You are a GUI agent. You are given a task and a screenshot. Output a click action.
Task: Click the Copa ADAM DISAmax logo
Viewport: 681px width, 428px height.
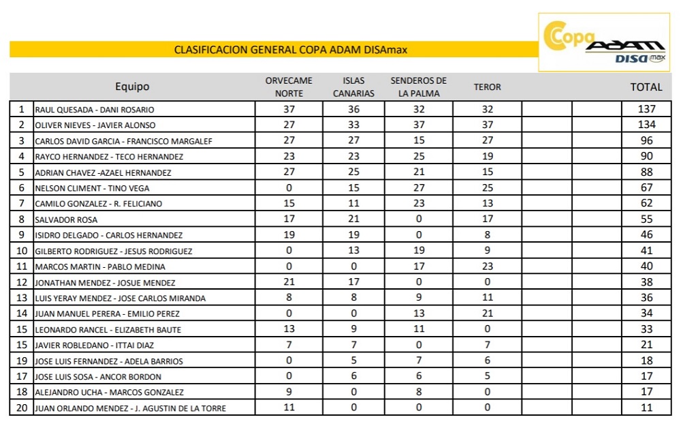tap(605, 42)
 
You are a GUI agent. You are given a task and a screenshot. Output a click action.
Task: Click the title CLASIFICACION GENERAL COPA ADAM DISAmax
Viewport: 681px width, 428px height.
tap(291, 50)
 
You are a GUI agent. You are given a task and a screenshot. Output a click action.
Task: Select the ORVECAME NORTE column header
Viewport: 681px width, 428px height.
tap(289, 87)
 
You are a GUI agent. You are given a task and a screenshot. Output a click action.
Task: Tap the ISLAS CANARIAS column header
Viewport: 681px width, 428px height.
tap(353, 87)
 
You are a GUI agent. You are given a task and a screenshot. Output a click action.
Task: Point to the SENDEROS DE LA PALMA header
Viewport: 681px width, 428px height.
tap(418, 87)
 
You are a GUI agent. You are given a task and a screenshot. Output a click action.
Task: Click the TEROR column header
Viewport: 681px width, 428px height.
tap(487, 87)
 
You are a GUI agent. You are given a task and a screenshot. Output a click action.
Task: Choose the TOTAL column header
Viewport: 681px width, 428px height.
tap(646, 87)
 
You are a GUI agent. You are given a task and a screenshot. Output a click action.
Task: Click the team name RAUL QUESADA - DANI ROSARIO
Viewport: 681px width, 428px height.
tap(95, 110)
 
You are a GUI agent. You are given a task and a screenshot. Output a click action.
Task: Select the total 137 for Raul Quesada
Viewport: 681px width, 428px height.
tap(646, 109)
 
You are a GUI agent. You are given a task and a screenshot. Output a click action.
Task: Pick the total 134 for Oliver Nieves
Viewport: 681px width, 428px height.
tap(646, 125)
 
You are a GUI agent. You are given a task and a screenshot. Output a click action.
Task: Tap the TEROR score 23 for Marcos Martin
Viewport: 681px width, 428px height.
tap(487, 266)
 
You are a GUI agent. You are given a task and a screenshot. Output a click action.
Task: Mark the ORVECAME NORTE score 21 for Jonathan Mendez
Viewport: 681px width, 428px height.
tap(289, 282)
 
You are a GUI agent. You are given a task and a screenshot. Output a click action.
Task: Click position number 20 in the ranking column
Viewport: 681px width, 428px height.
tap(21, 408)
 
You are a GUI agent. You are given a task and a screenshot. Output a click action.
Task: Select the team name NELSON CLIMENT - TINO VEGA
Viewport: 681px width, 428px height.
tap(92, 188)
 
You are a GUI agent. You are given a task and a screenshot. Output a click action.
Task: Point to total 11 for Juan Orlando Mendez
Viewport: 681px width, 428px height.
tap(646, 408)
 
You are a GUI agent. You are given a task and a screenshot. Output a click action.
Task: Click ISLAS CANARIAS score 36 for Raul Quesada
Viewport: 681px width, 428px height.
tap(353, 109)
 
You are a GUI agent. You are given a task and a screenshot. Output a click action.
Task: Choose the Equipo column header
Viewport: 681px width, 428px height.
tap(132, 87)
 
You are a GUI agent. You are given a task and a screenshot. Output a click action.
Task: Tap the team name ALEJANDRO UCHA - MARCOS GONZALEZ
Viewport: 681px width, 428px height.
tap(109, 393)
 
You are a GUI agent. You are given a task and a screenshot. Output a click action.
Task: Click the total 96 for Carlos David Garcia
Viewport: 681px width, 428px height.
tap(646, 140)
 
